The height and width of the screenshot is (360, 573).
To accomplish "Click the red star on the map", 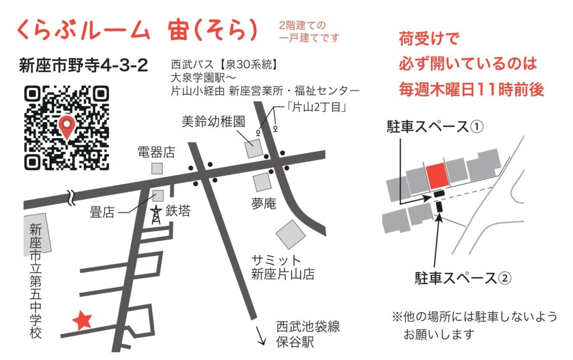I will point(83,320).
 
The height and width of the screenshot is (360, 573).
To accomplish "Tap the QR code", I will point(67,127).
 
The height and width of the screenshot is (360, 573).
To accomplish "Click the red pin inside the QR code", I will point(67,126).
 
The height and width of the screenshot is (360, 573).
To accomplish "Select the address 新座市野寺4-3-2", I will point(83,66).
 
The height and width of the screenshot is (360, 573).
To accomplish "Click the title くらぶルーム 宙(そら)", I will point(138,31).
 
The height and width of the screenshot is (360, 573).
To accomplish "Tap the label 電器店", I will point(157,151).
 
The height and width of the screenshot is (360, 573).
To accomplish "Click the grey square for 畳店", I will point(158,195).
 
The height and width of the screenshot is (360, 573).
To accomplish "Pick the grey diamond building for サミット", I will point(290,234).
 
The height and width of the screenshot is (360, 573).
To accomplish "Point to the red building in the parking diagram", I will point(436,176).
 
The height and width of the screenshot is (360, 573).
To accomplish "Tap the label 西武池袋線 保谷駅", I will point(308,334).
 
